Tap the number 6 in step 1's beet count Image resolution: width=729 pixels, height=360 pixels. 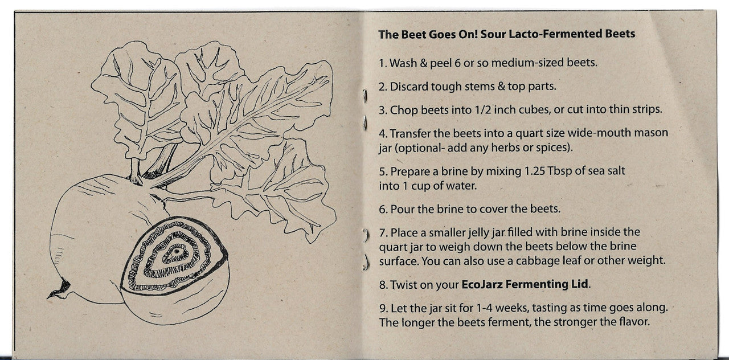[457, 63]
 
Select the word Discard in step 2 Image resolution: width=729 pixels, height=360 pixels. [409, 87]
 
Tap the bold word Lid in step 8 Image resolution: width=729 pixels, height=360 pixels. [580, 284]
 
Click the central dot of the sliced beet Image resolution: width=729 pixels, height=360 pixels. [176, 252]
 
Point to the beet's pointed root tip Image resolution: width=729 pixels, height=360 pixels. [48, 297]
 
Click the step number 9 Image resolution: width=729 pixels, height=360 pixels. [383, 308]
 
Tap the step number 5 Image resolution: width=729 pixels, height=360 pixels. [383, 171]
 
